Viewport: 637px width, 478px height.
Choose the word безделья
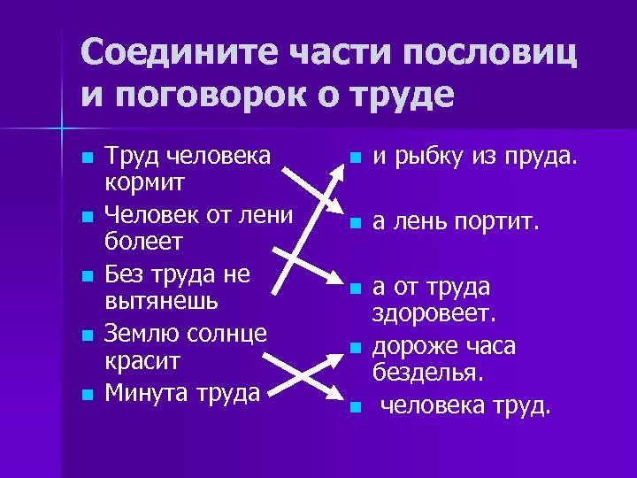point(428,374)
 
